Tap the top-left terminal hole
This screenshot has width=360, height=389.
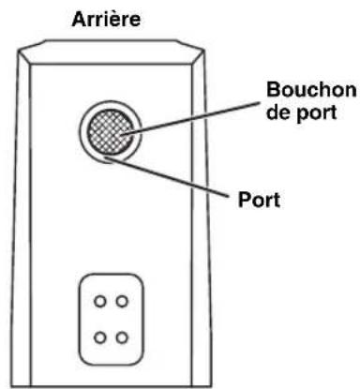pos(99,302)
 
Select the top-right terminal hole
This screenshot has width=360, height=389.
pos(123,302)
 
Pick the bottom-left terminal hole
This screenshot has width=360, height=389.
pos(99,335)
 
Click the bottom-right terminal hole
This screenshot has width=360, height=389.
pos(123,335)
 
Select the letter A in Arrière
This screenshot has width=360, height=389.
pos(79,17)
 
